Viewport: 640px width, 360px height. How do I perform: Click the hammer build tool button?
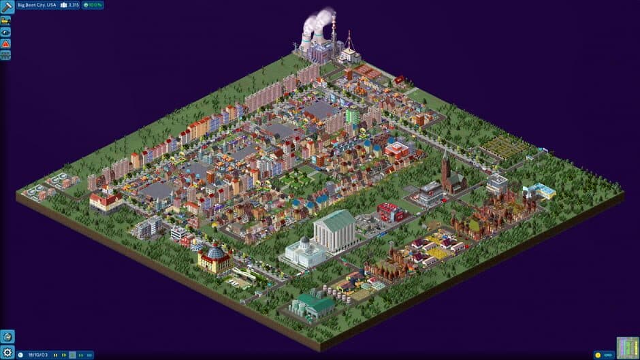pos(7,7)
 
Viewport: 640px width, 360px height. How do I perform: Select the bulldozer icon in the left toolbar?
pos(5,20)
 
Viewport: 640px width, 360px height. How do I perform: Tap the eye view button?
pos(5,32)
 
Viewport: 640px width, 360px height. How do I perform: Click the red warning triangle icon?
pos(5,44)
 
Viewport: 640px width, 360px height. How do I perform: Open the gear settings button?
pos(7,352)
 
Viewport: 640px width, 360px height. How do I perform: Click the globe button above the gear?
pos(7,337)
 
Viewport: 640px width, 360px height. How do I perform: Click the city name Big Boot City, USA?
pos(37,5)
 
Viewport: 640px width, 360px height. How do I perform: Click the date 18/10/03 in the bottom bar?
pos(37,355)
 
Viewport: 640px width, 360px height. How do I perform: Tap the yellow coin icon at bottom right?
pos(599,355)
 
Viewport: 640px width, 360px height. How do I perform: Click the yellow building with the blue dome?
pos(214,259)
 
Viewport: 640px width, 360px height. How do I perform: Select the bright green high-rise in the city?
pos(352,116)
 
